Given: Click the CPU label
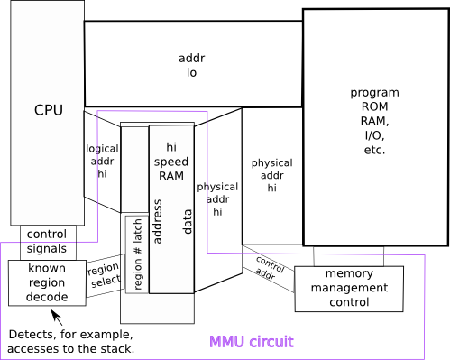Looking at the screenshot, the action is coord(49,110).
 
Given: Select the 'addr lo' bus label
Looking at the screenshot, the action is coord(191,65).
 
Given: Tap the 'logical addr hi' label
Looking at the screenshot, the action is coord(102,162).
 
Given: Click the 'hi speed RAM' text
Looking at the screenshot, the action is coord(171,162).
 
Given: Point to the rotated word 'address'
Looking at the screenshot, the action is coord(158,221).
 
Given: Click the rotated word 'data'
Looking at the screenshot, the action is coord(187,222).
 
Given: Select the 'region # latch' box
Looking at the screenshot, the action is coord(137,254).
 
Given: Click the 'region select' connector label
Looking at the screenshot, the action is coord(104,275).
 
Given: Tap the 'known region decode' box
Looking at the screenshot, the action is coord(47,283).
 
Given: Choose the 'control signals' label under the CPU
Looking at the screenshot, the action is coord(47,242).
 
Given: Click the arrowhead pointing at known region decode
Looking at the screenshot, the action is coord(54,313).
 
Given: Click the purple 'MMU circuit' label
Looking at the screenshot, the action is coord(252,342).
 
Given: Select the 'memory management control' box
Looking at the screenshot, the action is coord(349,289).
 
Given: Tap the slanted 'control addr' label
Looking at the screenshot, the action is coord(269,269).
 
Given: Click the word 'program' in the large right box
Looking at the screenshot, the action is coord(374,93).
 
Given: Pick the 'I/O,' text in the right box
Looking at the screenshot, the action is coord(374,135).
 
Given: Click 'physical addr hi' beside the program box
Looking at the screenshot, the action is coord(271,175).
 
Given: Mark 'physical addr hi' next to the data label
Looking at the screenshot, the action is coord(217,199).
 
